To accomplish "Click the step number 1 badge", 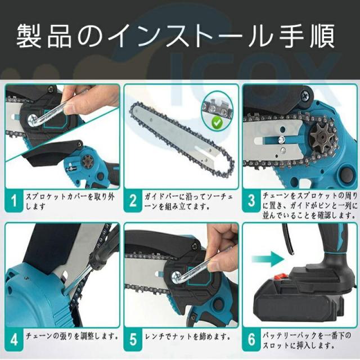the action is point(14,200).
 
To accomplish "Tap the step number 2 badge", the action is point(133,200).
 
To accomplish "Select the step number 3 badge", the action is point(251,200).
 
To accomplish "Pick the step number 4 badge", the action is point(14,339).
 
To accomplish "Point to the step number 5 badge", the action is point(133,339).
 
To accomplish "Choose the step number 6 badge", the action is point(251,339).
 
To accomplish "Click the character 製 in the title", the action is point(29,36).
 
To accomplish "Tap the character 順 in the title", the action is point(322,36).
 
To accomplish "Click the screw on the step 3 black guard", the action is point(306,95).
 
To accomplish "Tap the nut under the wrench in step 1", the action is point(33,120).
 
